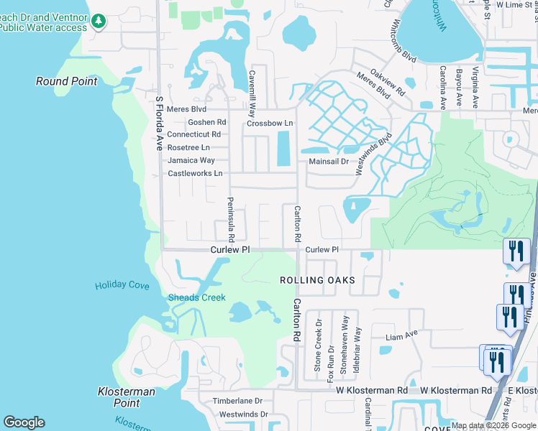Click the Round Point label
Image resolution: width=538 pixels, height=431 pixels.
click(67, 81)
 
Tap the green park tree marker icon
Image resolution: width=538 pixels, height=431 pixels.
click(99, 22)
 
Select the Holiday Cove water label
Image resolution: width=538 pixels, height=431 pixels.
click(122, 286)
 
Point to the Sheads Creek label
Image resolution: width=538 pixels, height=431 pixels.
click(196, 297)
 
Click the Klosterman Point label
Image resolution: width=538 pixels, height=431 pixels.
click(127, 397)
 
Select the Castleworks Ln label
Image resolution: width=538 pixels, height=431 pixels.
click(195, 174)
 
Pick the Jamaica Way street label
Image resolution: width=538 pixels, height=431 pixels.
click(191, 160)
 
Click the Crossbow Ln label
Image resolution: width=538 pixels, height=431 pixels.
click(270, 124)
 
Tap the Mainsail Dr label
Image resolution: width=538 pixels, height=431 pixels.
click(328, 162)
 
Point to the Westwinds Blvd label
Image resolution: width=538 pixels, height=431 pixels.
click(376, 151)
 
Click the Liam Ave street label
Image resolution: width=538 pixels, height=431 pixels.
click(401, 335)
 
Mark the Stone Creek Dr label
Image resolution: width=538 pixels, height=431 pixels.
click(317, 350)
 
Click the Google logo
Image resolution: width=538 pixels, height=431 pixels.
click(24, 422)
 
